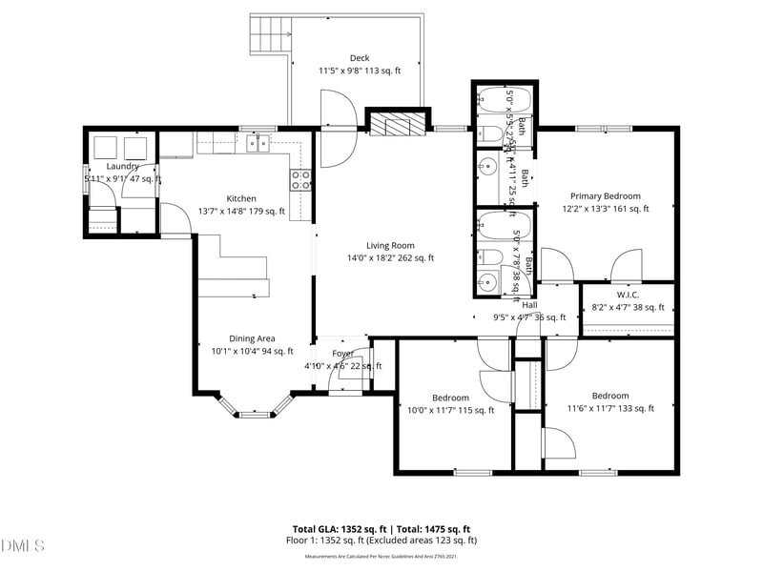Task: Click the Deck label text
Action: click(359, 58)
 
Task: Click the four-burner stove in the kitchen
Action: click(300, 180)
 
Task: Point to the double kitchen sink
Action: click(258, 144)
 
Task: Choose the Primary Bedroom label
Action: click(606, 196)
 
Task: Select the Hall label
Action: click(529, 305)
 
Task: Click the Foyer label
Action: click(342, 354)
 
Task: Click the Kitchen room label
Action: click(240, 198)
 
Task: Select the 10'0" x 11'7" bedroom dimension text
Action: click(450, 411)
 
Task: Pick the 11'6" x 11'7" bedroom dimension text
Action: click(610, 409)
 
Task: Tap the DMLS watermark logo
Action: click(24, 546)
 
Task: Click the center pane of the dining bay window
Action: click(254, 414)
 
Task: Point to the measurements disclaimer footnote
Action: click(381, 556)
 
